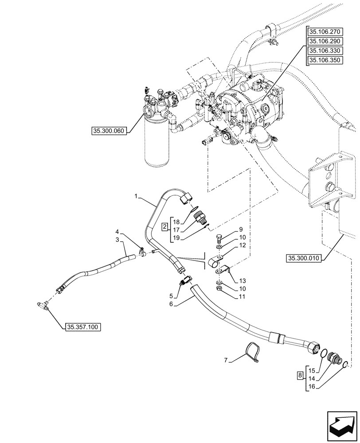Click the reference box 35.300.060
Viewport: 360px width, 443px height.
(109, 131)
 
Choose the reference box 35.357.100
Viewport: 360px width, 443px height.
(83, 327)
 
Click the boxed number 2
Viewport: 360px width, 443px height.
(164, 227)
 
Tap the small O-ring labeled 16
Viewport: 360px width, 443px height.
(345, 365)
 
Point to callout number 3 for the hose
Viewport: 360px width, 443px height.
(117, 240)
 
